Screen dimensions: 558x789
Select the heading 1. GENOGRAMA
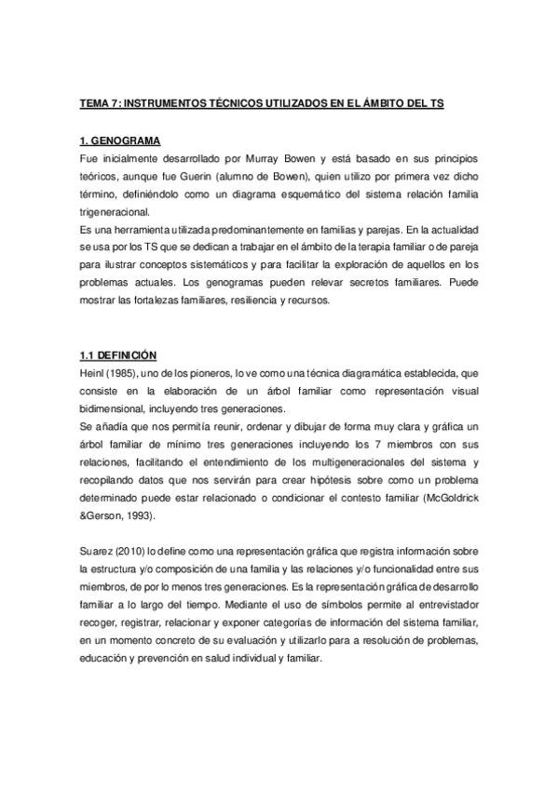(120, 141)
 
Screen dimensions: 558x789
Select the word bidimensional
(116, 408)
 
